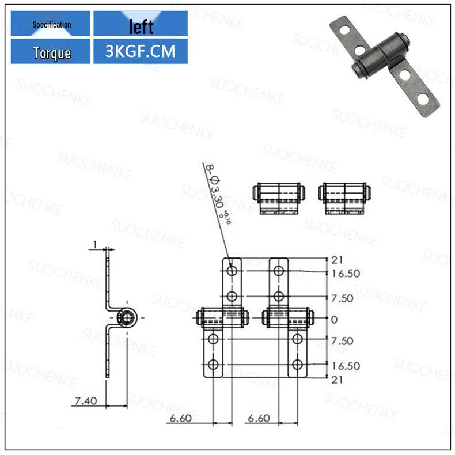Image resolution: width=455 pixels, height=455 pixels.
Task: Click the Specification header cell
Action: pos(51,25)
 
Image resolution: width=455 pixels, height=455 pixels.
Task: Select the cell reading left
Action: pos(141,26)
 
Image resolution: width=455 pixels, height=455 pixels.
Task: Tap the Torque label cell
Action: pos(51,53)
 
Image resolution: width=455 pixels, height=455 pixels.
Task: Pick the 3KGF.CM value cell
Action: pos(141,52)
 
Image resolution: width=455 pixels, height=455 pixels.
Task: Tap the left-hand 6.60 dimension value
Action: pos(181,419)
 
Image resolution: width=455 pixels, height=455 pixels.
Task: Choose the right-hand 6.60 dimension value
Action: pos(259,419)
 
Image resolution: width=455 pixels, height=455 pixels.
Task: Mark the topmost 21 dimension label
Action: pos(337,260)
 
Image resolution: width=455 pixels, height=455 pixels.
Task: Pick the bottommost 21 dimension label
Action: pos(337,379)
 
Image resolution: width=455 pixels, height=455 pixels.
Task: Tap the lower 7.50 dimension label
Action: pos(342,341)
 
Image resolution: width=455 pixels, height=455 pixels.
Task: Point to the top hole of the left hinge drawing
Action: pos(232,270)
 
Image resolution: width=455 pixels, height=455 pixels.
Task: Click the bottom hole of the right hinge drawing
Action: pos(297,364)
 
